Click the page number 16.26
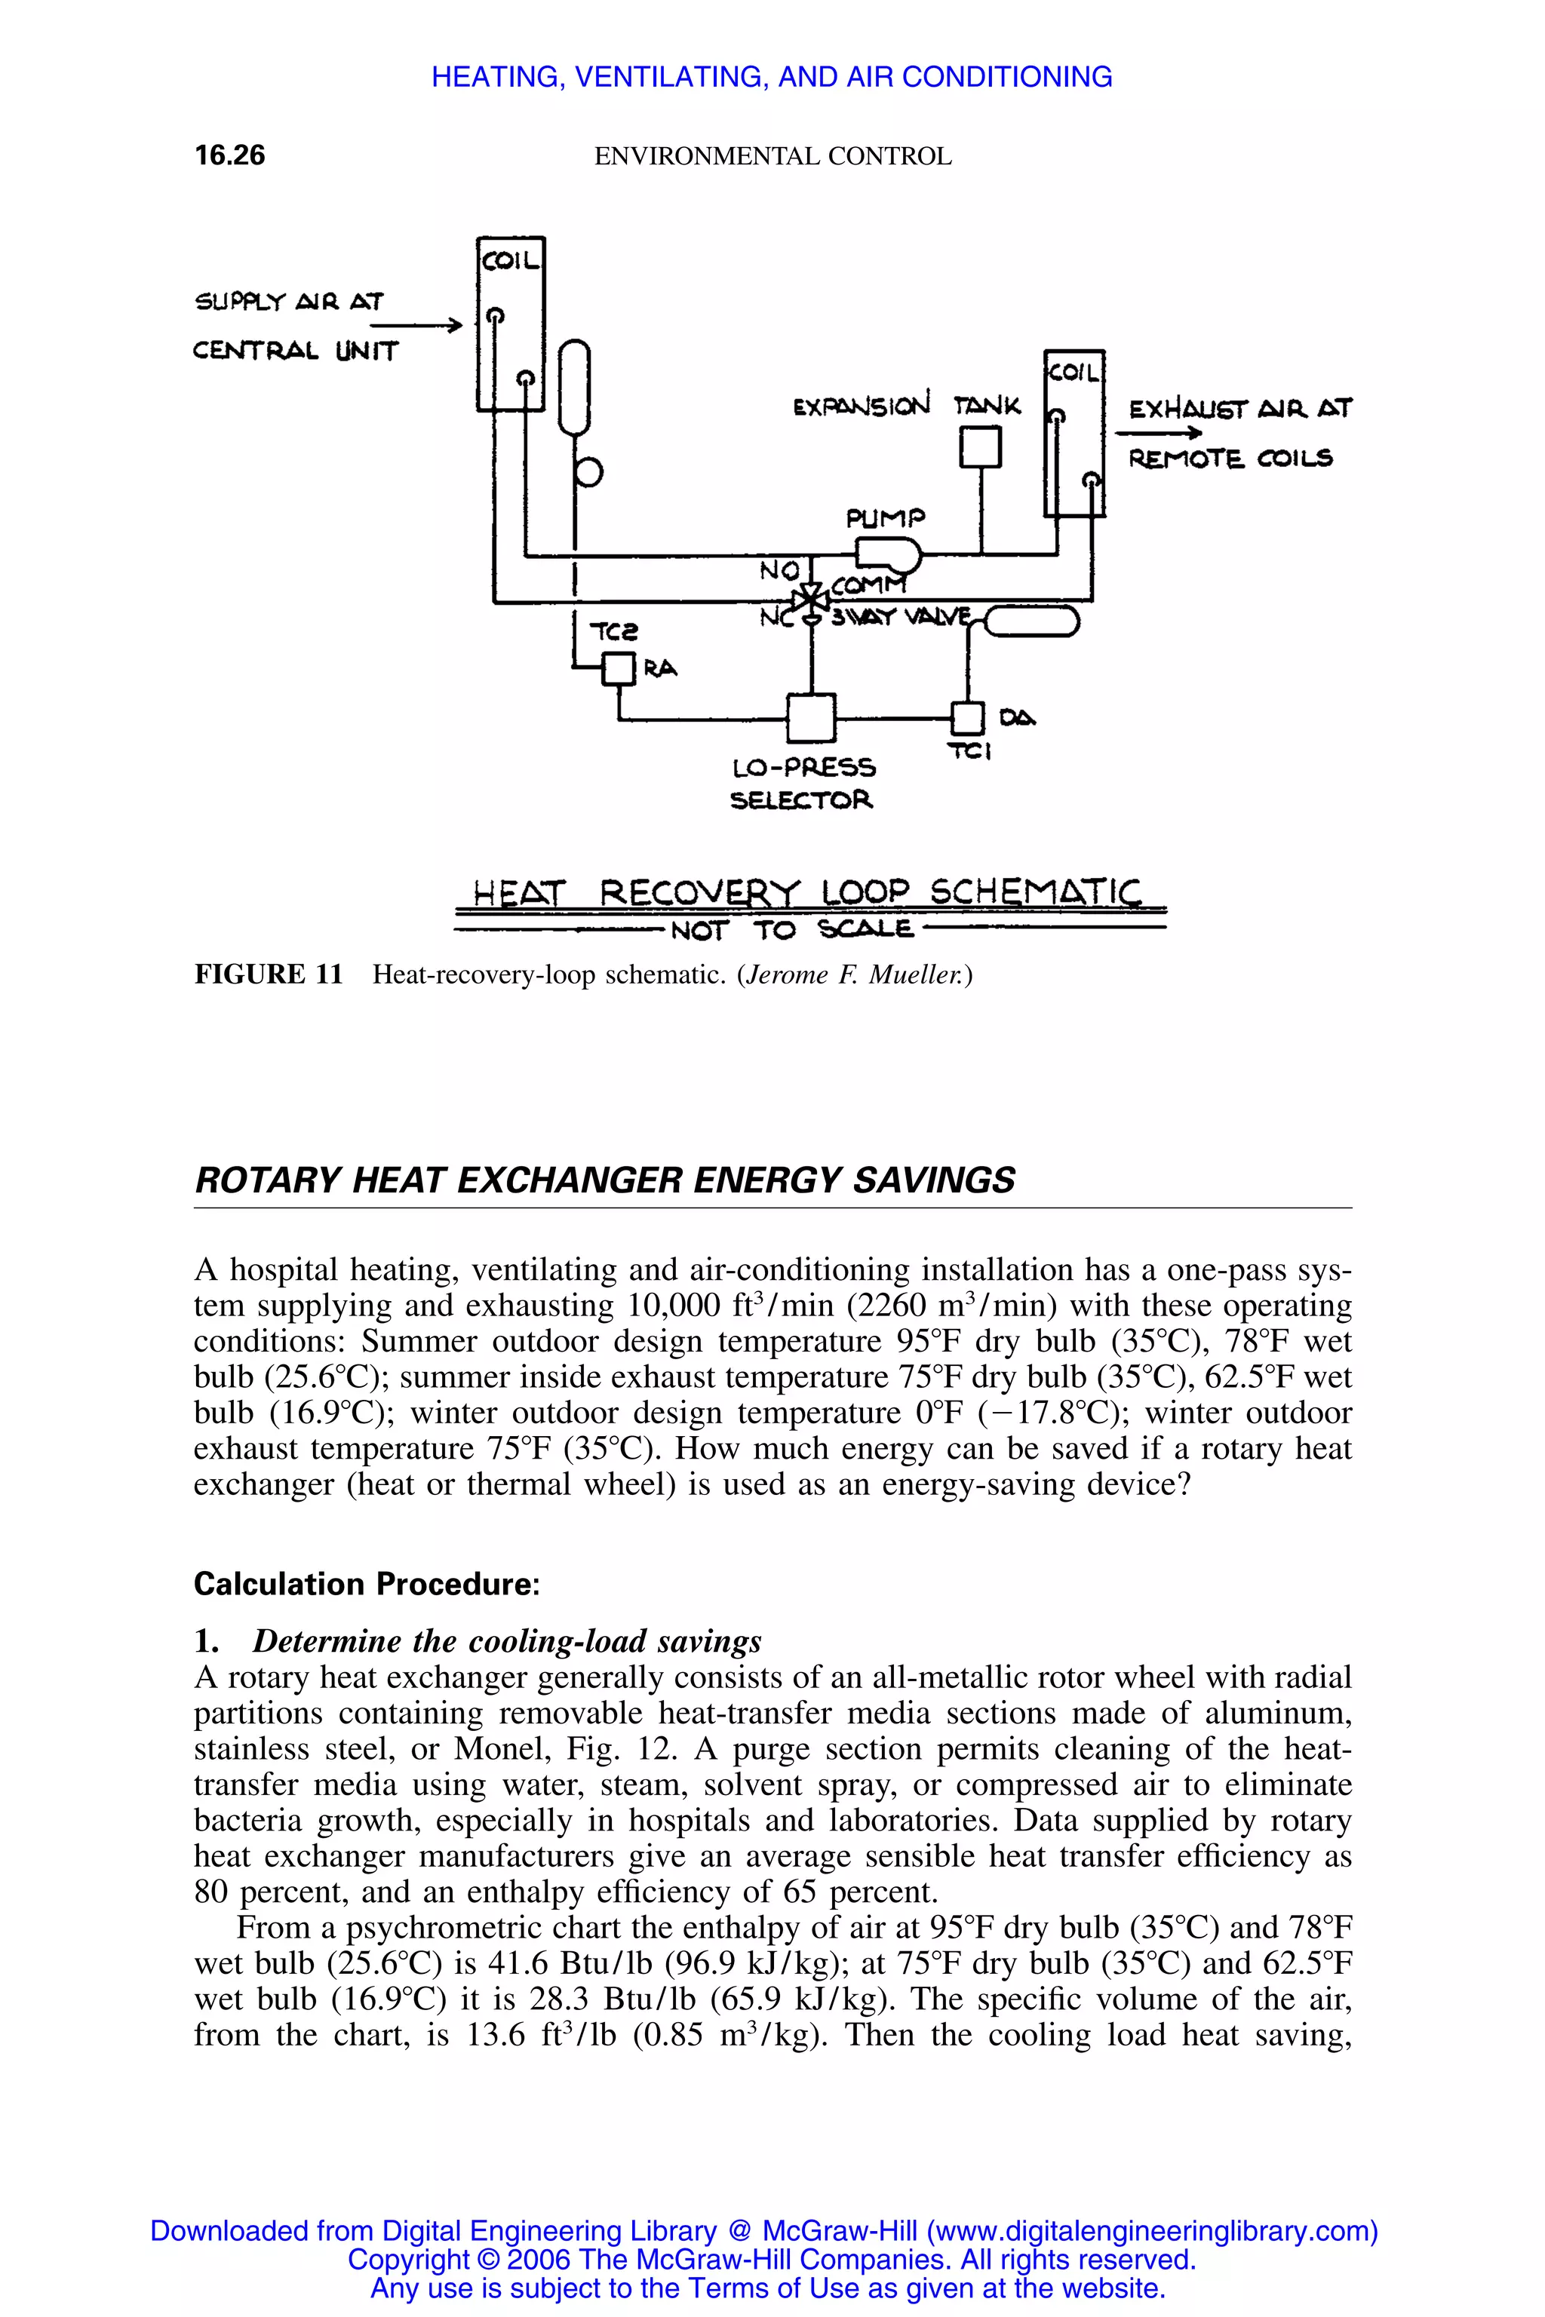point(229,155)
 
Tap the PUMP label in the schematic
point(886,518)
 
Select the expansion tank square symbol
point(981,447)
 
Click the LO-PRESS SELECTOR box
point(811,717)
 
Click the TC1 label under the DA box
point(969,753)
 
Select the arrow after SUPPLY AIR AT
point(416,325)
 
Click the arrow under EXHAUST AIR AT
point(1159,432)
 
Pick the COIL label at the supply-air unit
point(509,261)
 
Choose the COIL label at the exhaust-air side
point(1074,373)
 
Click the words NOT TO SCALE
point(791,930)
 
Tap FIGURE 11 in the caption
point(268,975)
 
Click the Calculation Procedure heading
point(367,1584)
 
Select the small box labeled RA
point(618,670)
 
